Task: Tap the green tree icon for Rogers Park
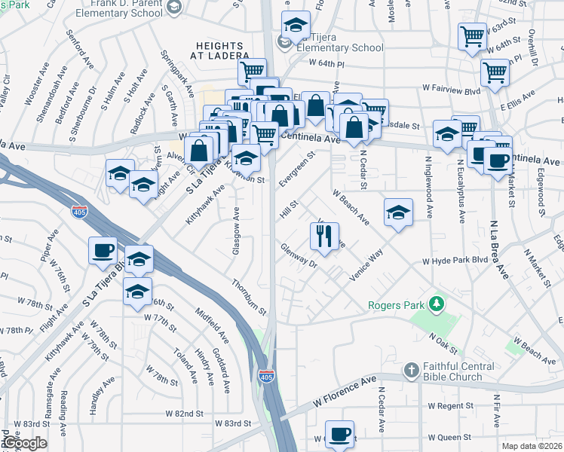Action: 434,304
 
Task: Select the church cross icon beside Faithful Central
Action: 411,370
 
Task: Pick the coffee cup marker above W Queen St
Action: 339,434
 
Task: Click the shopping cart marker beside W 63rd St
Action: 472,35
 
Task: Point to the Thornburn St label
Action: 250,296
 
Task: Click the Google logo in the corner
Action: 25,444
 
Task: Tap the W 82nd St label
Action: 185,414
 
